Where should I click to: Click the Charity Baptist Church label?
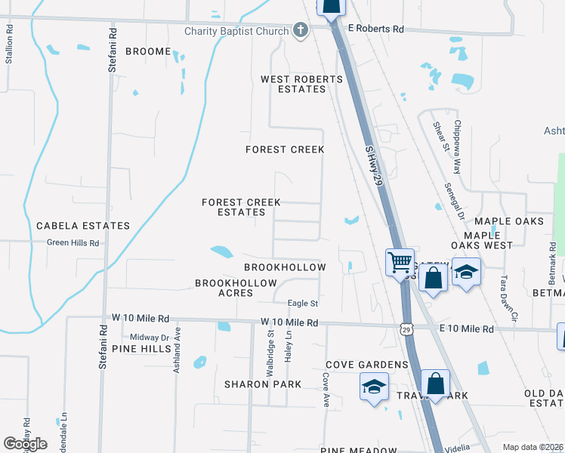tap(237, 31)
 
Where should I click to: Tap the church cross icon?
tap(300, 31)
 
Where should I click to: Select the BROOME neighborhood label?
tap(148, 51)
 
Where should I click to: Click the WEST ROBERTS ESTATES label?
tap(293, 84)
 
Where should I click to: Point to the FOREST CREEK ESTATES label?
tap(241, 207)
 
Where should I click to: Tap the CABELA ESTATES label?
tap(83, 226)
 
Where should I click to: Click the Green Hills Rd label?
tap(73, 242)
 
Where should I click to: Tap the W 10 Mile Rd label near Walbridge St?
tap(289, 322)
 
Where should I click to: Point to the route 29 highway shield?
tap(406, 330)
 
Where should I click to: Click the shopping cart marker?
tap(400, 263)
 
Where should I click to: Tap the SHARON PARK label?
tap(262, 384)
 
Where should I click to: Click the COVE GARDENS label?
tap(367, 365)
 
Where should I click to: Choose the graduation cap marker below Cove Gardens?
tap(374, 387)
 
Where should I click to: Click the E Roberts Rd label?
tap(376, 28)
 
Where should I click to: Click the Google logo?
tap(25, 444)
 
